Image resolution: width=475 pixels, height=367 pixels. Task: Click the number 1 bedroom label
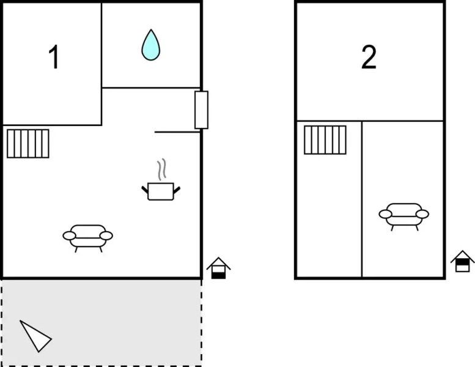point(54,57)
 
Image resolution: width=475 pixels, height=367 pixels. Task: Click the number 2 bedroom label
point(369,57)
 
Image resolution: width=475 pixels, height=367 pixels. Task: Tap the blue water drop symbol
point(150,45)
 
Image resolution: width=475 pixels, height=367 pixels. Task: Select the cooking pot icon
point(161,191)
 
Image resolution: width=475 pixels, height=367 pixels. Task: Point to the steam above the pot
point(161,169)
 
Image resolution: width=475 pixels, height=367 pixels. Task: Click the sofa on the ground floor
point(88,238)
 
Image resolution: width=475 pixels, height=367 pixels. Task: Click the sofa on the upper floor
point(404,217)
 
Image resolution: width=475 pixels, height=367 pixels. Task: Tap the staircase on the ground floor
point(28,144)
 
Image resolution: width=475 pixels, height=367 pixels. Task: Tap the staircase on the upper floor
point(325,140)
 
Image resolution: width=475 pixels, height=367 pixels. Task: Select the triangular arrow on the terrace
point(35,336)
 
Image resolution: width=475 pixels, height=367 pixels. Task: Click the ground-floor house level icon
point(218,268)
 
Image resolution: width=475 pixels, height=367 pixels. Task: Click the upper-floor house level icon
point(462,261)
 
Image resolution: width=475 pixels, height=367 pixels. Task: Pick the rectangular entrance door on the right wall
point(202,109)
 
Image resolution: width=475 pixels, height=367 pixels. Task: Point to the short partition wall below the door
point(177,132)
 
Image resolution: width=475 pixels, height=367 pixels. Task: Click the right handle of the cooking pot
point(177,190)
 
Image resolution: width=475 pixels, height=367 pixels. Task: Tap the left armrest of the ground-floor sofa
point(69,235)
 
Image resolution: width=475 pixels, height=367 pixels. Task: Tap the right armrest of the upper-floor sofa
point(422,214)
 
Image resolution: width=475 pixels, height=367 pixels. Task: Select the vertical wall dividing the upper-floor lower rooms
point(362,199)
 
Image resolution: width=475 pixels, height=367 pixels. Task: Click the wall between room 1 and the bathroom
point(101,64)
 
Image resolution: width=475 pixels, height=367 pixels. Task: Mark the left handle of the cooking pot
point(145,190)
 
